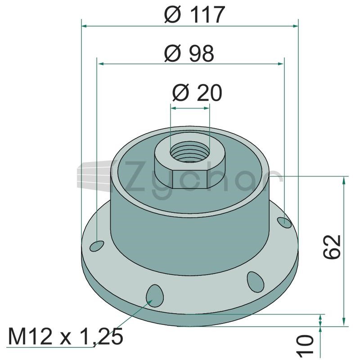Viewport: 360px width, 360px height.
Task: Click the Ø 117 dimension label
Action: (195, 15)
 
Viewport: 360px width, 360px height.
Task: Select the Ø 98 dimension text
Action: (189, 54)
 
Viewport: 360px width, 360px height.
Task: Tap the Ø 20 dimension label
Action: (197, 93)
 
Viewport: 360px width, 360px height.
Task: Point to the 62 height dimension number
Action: (332, 247)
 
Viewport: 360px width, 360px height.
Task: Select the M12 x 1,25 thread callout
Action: (65, 337)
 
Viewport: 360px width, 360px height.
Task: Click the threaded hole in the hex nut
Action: (190, 152)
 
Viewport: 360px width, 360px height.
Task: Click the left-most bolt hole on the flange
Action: (97, 246)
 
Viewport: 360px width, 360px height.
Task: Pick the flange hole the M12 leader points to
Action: (155, 296)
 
